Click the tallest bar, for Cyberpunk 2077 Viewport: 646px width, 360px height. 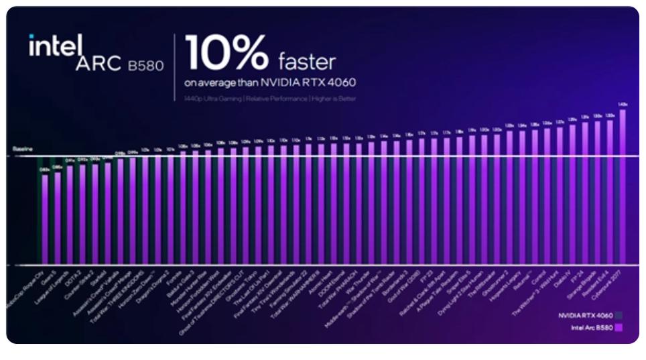[x=623, y=188]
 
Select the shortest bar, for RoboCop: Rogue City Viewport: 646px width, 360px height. [x=45, y=219]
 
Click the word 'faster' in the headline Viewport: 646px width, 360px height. [x=306, y=62]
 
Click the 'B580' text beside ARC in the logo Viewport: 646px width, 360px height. [x=145, y=66]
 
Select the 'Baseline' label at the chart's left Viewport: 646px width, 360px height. [x=22, y=148]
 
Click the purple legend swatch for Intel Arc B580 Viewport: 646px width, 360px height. [x=620, y=327]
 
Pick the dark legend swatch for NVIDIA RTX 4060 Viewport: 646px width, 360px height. [x=620, y=314]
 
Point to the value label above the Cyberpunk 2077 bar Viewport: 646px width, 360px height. [x=623, y=104]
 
